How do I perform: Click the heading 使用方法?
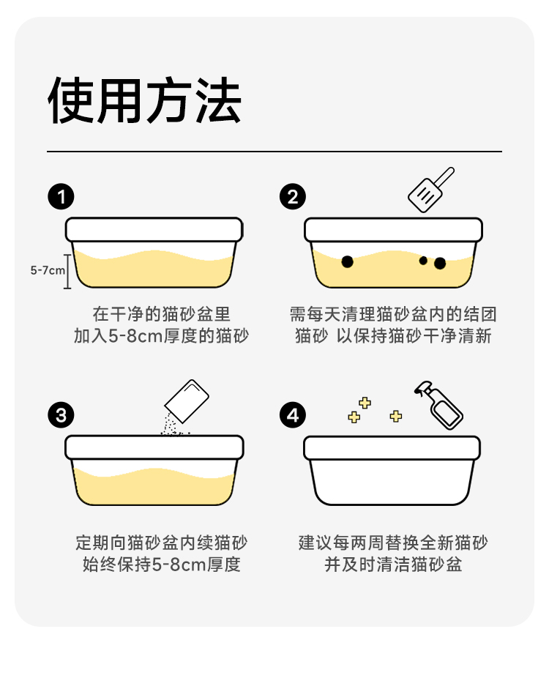point(144,100)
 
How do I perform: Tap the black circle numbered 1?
point(61,197)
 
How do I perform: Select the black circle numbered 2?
point(293,197)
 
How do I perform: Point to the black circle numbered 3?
point(61,415)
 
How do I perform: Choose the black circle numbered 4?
point(293,415)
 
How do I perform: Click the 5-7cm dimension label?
point(48,271)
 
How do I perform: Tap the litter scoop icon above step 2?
point(430,190)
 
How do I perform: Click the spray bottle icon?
point(438,405)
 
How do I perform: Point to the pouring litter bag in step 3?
point(187,401)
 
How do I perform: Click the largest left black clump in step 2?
point(347,261)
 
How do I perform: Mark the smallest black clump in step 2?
point(423,261)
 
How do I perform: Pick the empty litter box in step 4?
point(392,471)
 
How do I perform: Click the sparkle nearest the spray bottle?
point(395,417)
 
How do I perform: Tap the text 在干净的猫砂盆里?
point(161,314)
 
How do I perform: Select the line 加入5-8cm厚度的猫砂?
point(161,336)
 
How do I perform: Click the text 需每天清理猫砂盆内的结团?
point(393,314)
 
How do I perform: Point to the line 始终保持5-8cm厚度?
point(161,565)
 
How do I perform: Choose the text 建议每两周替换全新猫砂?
point(393,543)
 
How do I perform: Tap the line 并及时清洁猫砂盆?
point(393,565)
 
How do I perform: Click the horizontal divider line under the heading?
point(274,152)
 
